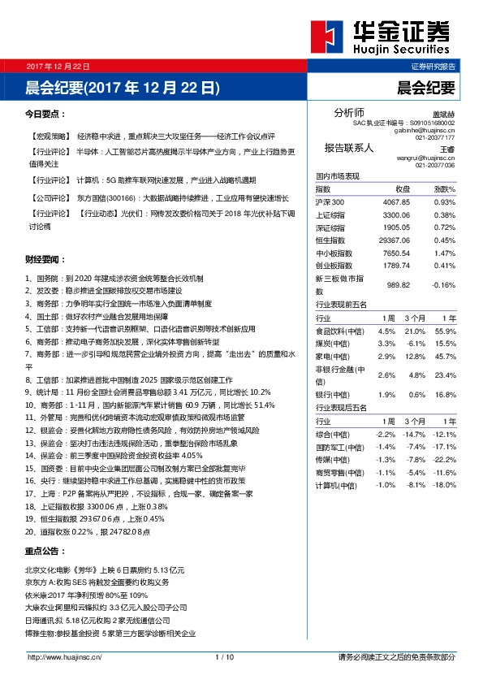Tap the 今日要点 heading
[44, 115]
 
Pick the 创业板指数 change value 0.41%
[444, 265]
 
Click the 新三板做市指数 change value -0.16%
[443, 284]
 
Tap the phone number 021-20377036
[435, 165]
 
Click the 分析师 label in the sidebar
[349, 112]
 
